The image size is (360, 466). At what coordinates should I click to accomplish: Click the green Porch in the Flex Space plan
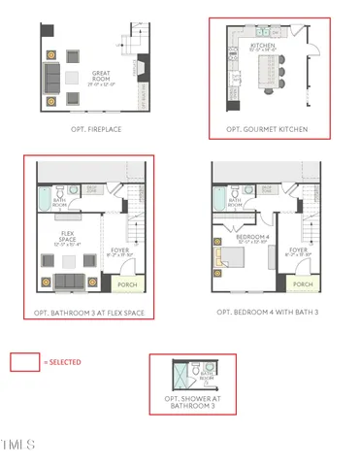126,284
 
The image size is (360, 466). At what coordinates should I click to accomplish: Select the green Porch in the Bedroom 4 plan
303,284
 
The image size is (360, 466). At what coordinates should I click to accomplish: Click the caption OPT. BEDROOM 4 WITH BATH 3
268,312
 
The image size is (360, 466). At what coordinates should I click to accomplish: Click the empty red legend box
24,362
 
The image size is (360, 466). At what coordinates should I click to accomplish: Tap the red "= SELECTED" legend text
62,362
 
